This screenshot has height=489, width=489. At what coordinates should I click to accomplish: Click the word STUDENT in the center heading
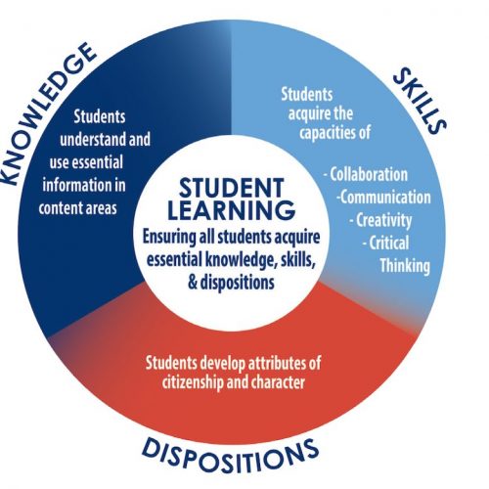click(x=231, y=188)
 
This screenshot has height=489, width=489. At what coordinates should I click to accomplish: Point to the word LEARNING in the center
click(x=231, y=210)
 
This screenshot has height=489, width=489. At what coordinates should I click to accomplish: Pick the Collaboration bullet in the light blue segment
click(x=366, y=174)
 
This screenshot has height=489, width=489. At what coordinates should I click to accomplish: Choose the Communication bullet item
click(x=384, y=198)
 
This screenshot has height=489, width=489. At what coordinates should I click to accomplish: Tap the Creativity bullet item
click(x=380, y=220)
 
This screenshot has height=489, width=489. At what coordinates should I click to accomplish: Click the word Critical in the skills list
click(x=386, y=243)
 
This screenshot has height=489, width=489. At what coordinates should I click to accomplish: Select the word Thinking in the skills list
click(x=405, y=266)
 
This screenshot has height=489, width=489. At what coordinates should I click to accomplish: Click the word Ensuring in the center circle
click(x=169, y=237)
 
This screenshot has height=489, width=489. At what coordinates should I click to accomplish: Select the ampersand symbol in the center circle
click(x=193, y=283)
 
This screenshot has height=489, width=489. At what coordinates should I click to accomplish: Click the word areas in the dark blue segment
click(x=102, y=208)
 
